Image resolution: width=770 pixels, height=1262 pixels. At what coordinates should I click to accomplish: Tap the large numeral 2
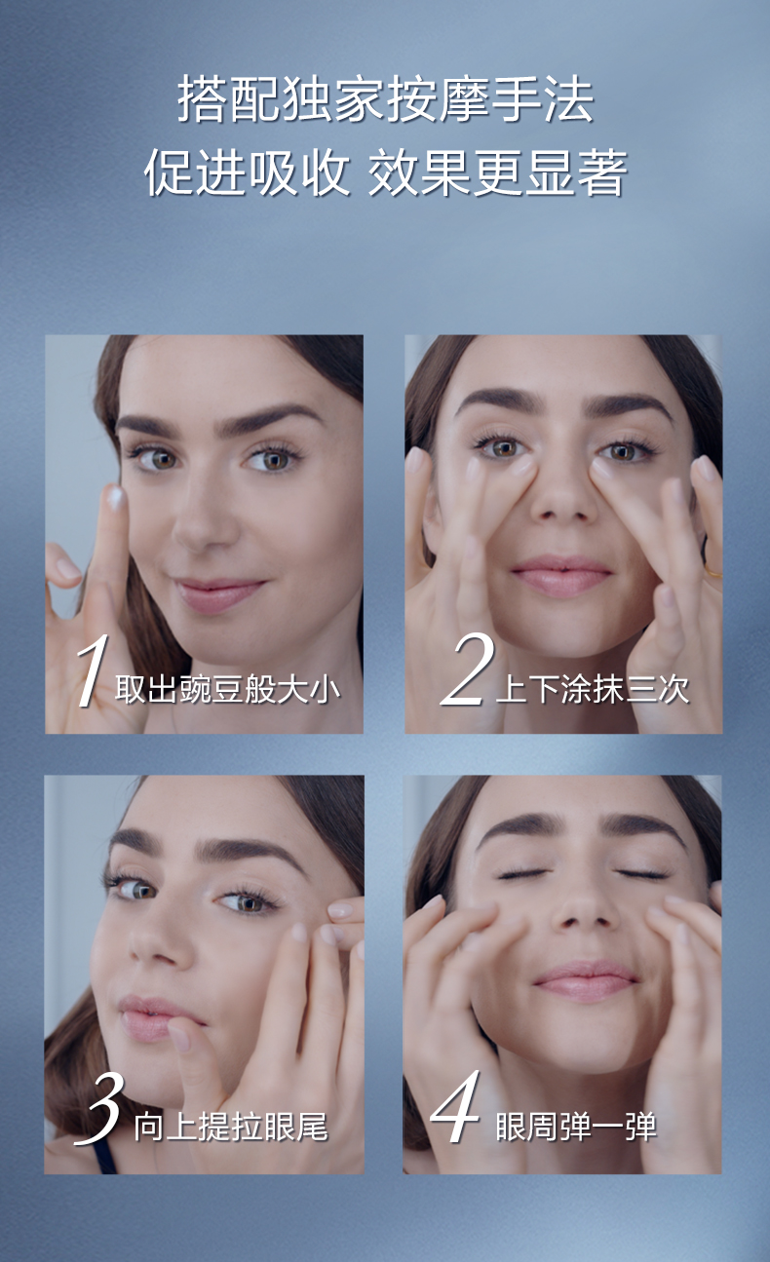(467, 669)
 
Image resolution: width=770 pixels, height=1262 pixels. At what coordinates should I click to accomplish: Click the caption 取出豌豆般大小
(227, 689)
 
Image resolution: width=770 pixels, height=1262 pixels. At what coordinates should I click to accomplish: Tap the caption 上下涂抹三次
(592, 689)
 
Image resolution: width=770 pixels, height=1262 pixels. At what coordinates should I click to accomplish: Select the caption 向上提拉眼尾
(231, 1128)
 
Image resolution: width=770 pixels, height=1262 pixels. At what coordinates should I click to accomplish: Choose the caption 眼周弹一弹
(576, 1127)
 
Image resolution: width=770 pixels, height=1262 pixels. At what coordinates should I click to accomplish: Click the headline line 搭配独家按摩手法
(386, 99)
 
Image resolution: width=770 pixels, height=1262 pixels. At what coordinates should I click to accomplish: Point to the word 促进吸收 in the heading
(247, 172)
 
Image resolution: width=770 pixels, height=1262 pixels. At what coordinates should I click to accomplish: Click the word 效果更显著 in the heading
(498, 172)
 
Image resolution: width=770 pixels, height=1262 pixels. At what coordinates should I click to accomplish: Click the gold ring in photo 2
(712, 572)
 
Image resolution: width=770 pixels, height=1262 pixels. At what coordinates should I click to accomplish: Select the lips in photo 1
(217, 594)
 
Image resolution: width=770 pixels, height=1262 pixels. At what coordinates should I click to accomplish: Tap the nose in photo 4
(585, 911)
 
